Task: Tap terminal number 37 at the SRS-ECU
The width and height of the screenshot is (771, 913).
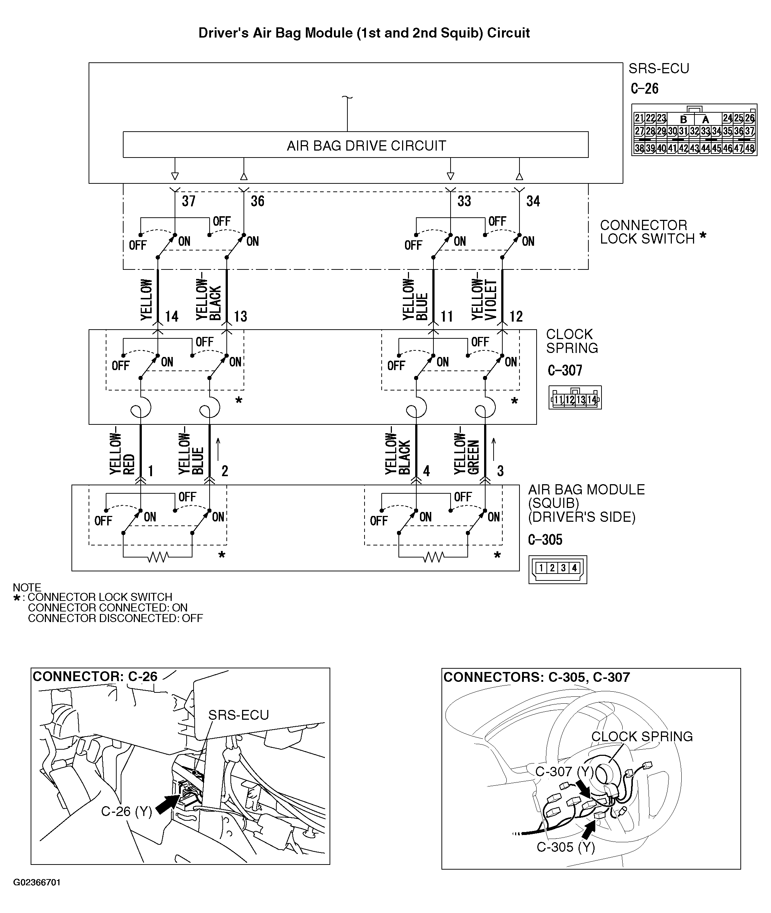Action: coord(189,201)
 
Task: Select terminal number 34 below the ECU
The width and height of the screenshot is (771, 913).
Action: coord(533,201)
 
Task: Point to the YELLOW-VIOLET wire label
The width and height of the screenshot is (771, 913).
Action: coord(484,299)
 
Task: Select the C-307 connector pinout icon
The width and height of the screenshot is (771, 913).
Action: coord(575,397)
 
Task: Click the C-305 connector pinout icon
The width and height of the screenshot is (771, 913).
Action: coord(557,569)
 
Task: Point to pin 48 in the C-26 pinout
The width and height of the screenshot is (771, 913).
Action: coord(749,148)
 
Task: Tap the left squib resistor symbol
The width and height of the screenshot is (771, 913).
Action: coord(158,557)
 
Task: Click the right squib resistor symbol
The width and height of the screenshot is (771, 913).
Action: coord(433,557)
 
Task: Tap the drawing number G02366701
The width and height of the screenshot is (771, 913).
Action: coord(37,882)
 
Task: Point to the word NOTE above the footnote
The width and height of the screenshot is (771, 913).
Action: coord(27,587)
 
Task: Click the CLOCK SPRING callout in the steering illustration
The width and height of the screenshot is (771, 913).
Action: coord(642,737)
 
